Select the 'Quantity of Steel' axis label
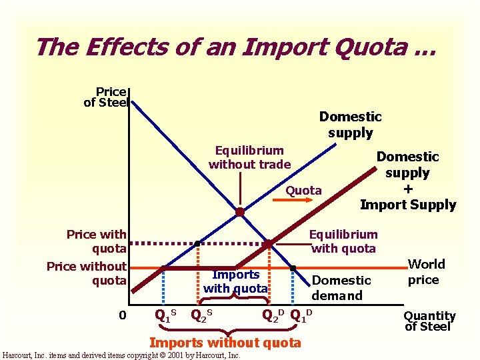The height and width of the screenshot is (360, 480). coord(429,321)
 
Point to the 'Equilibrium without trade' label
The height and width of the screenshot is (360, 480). coord(249,157)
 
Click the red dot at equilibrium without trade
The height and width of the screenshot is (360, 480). coord(239,212)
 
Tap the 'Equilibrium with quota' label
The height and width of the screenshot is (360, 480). coord(343,241)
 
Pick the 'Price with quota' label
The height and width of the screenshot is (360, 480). coord(96,241)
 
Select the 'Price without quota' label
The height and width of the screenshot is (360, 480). coord(87,273)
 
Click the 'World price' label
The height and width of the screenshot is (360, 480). coord(423,271)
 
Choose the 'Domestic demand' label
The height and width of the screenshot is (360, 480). coord(341,288)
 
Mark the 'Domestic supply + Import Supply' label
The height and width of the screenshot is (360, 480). coord(407,181)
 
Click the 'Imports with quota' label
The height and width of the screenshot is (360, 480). coord(235,281)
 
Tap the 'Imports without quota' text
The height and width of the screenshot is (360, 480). coord(225,343)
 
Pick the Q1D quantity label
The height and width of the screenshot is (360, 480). coord(302,314)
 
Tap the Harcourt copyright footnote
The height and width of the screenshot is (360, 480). coord(121,355)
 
